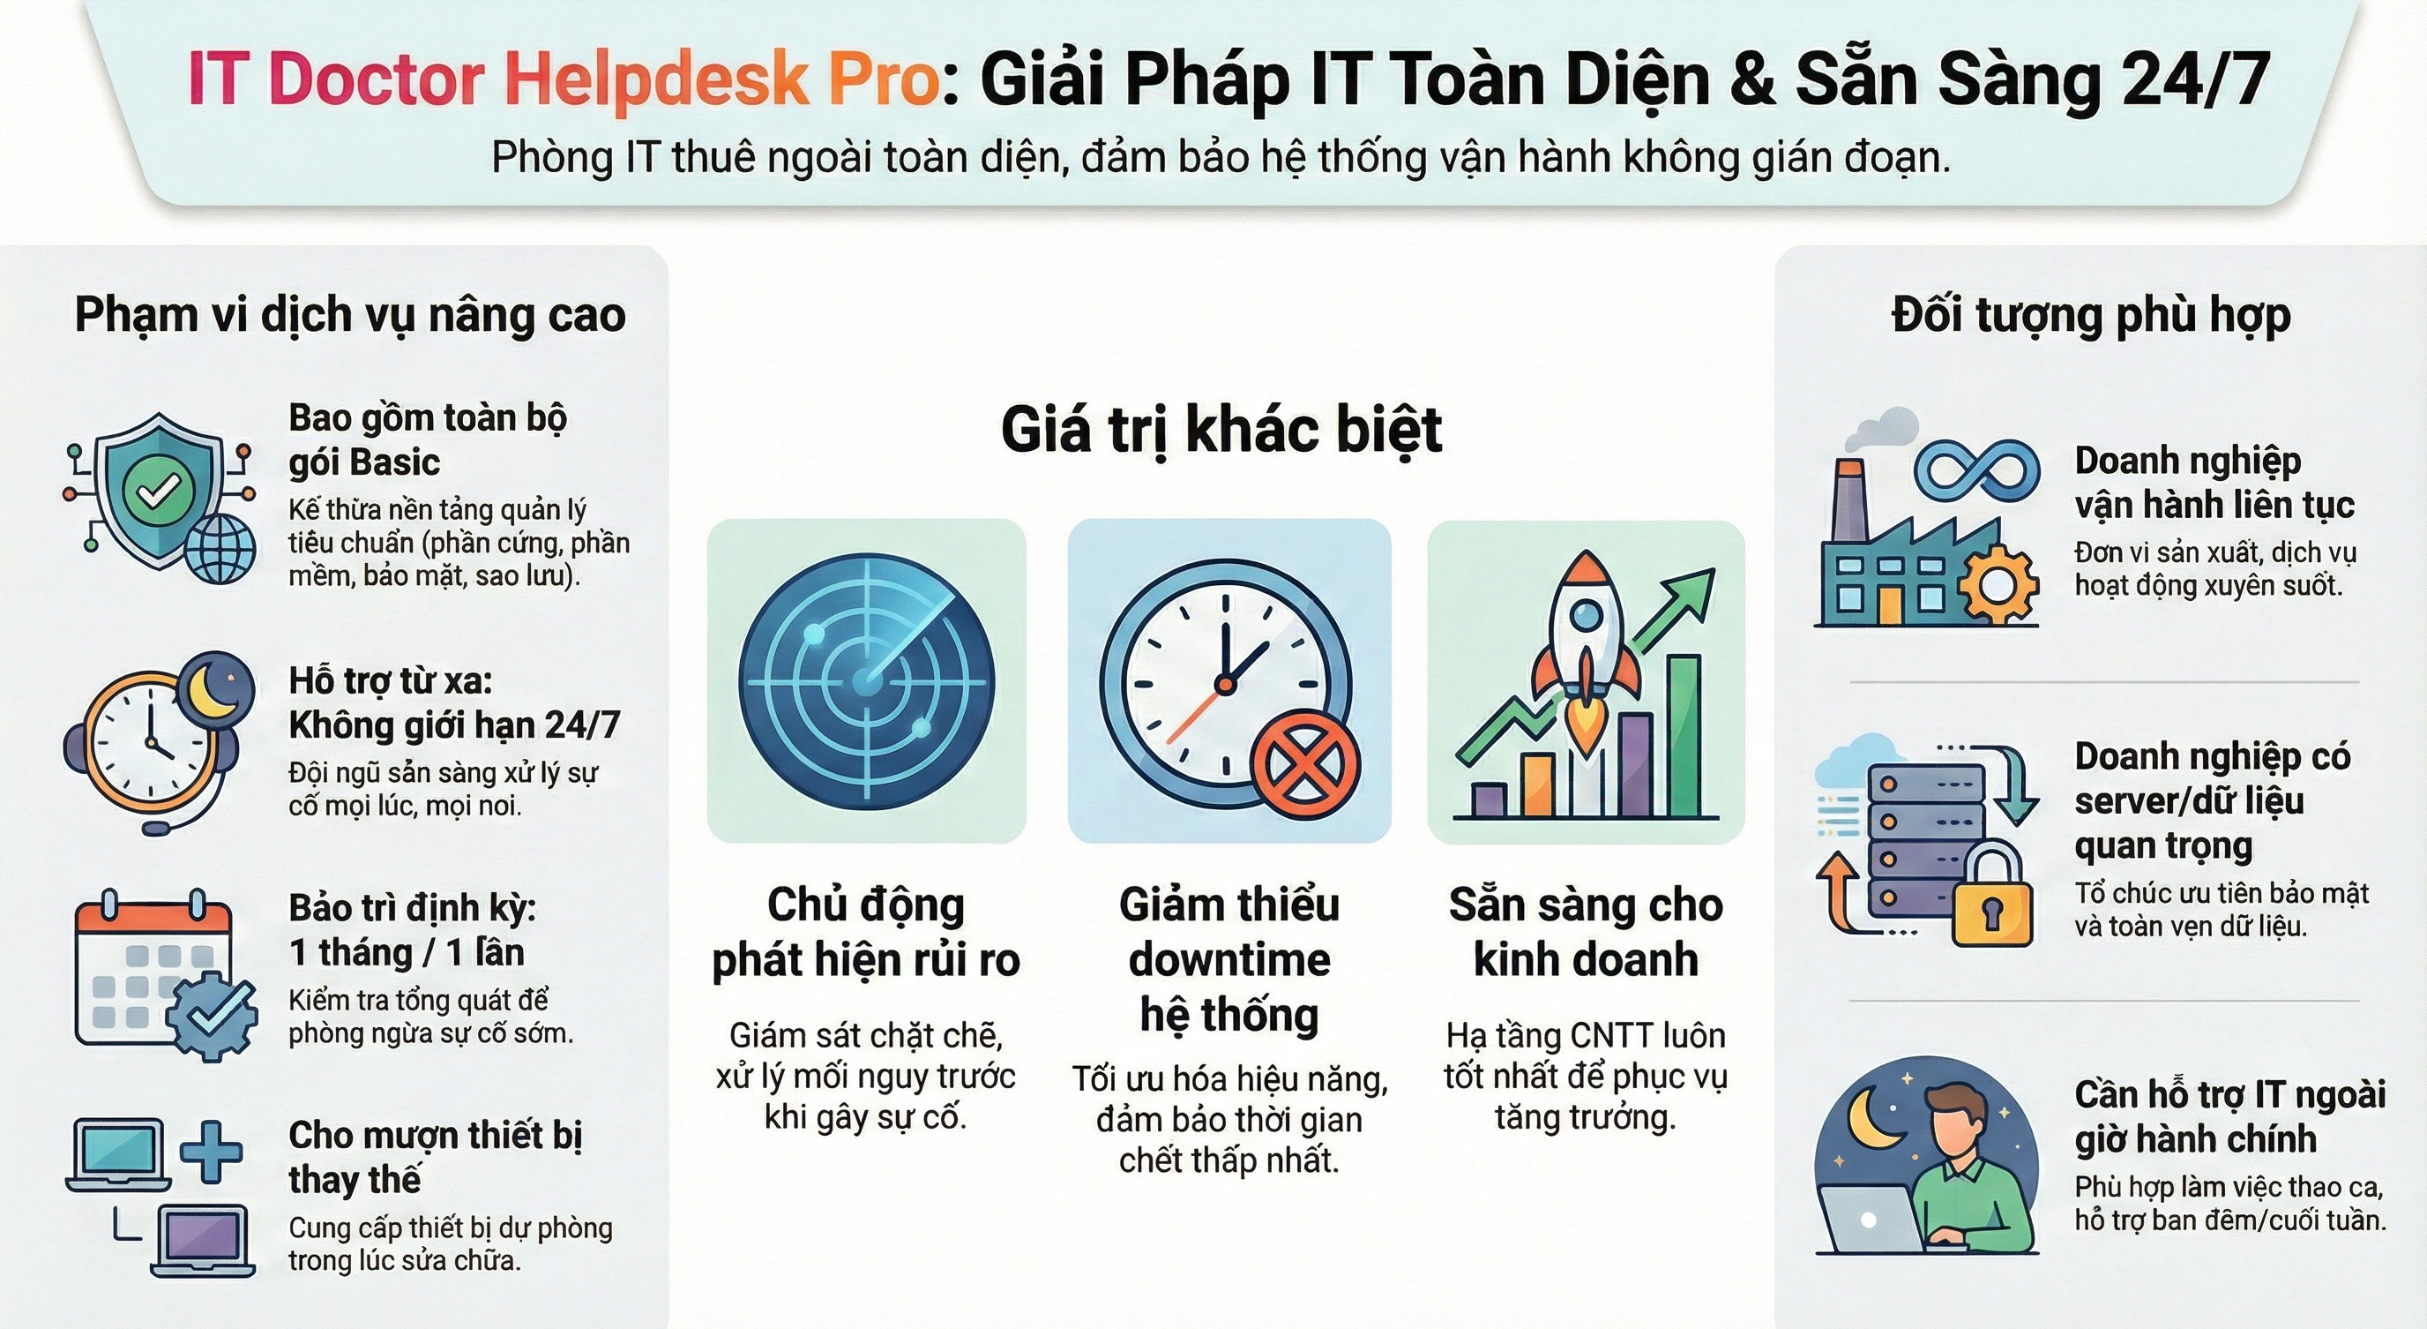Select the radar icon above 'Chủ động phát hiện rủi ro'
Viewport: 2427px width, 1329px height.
pos(866,681)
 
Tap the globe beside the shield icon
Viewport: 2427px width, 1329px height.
pos(220,549)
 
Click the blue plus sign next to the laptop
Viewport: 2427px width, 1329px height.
pos(211,1151)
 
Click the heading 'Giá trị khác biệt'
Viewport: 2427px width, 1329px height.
pos(1221,432)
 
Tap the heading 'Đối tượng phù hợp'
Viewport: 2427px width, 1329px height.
pos(2091,316)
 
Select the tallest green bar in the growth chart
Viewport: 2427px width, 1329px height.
pos(1684,735)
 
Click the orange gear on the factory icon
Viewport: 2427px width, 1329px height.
pos(1998,582)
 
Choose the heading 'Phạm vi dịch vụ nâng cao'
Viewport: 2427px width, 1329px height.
pos(350,315)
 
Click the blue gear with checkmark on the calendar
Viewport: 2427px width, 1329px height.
pos(213,1016)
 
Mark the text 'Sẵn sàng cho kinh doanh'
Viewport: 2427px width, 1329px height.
pos(1586,932)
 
